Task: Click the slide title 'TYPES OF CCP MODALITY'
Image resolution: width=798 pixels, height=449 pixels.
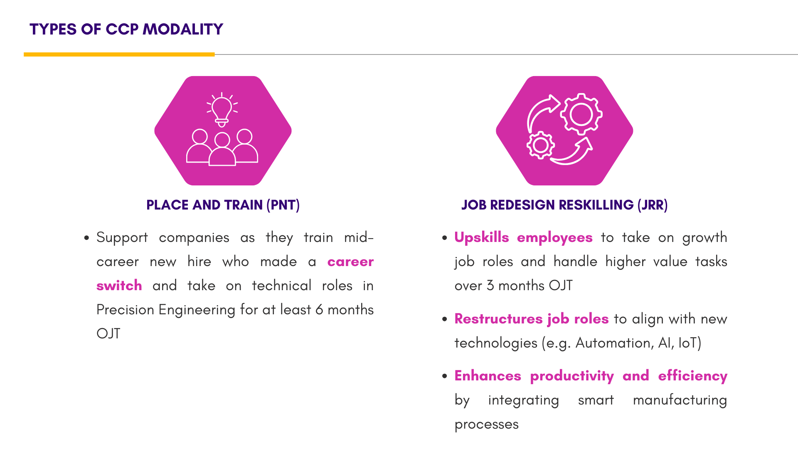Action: tap(126, 29)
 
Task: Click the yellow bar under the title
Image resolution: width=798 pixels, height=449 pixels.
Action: tap(119, 54)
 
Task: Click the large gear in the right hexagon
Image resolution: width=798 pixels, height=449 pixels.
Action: tap(581, 114)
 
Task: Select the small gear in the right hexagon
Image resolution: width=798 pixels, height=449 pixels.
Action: tap(540, 145)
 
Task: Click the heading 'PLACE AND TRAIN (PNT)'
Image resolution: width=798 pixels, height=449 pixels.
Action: tap(223, 205)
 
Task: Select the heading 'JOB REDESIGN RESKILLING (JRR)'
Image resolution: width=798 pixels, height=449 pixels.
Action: tap(564, 205)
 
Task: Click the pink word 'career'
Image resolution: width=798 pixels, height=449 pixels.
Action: tap(350, 262)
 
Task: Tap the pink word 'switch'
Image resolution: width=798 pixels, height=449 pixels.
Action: tap(119, 286)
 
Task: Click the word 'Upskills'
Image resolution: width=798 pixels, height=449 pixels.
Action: tap(482, 237)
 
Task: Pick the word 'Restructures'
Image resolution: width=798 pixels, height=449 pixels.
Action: tap(499, 319)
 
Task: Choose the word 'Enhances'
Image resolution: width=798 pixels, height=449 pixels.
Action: tap(488, 376)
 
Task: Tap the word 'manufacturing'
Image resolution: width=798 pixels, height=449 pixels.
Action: tap(680, 400)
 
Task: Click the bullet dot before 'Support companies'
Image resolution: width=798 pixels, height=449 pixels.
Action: tap(86, 238)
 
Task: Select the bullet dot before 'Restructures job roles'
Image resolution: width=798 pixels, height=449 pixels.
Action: tap(445, 319)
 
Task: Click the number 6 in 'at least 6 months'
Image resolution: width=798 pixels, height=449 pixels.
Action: tap(319, 310)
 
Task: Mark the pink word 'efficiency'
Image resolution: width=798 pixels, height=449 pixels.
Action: tap(693, 376)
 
